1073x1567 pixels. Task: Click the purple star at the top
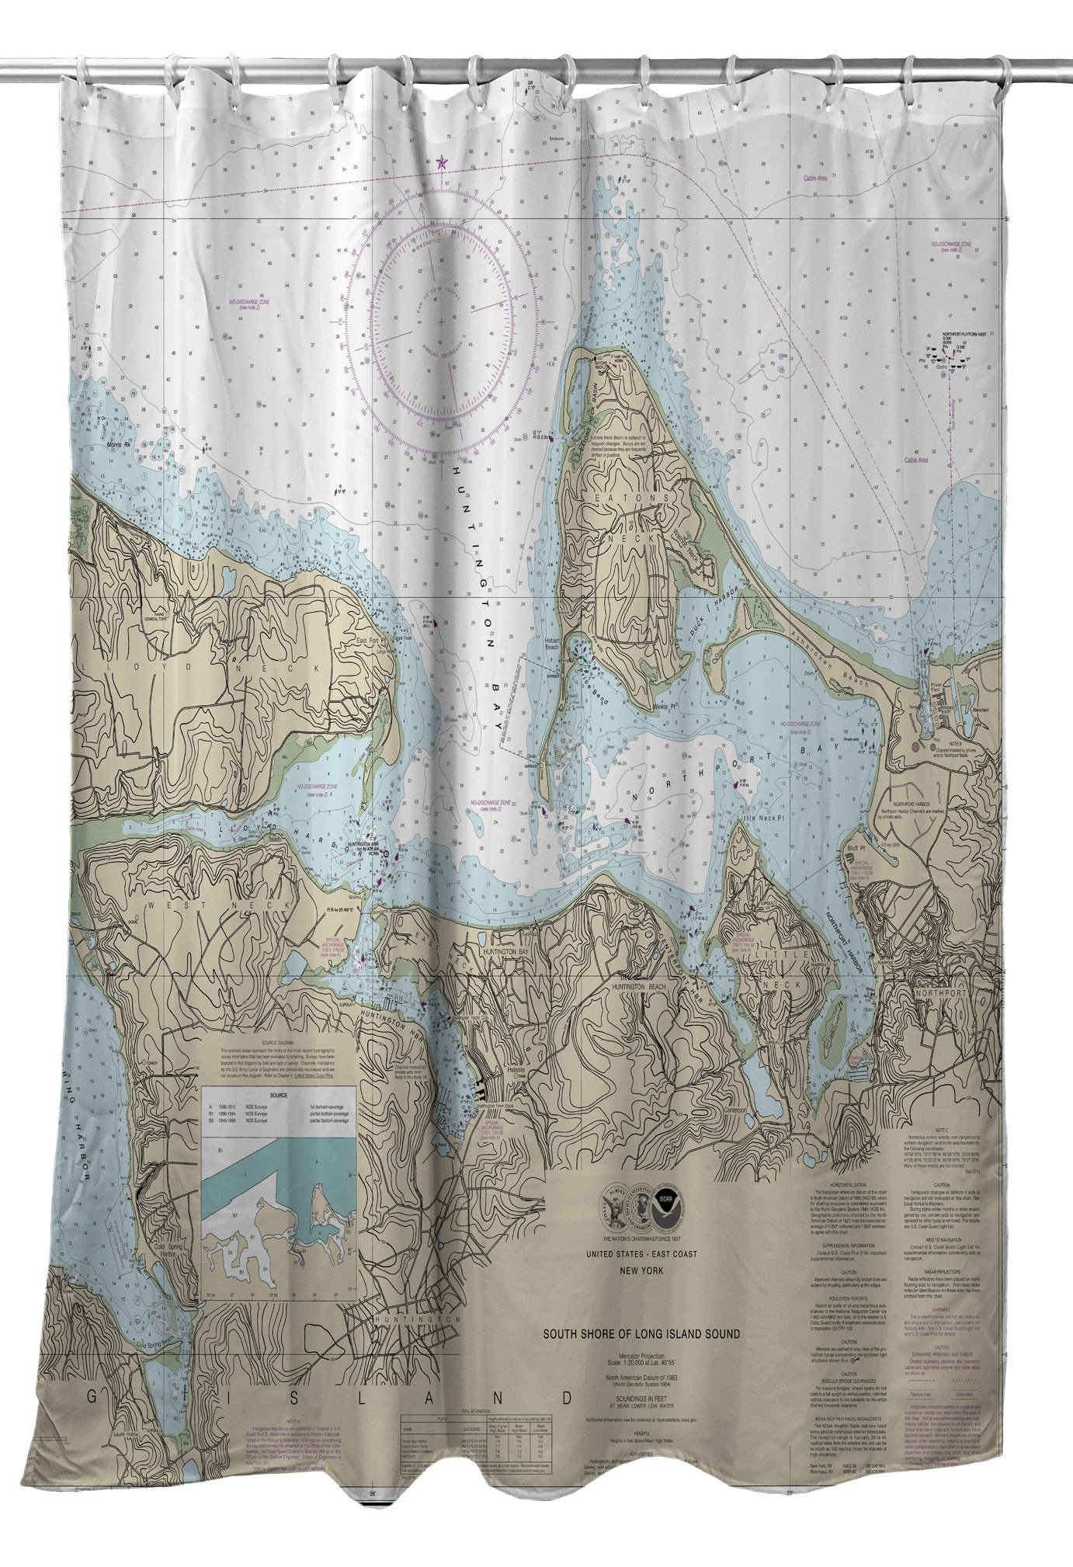point(443,162)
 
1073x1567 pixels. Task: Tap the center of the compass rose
point(442,321)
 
